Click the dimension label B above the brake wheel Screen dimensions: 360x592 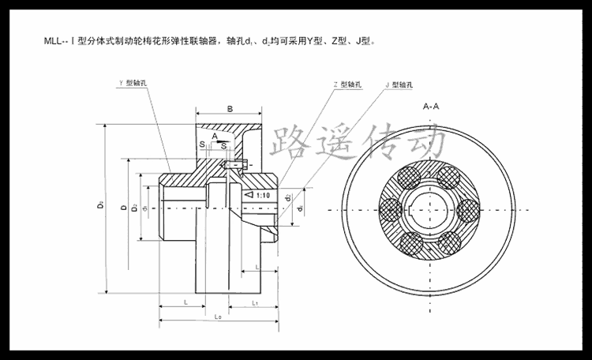[228, 108]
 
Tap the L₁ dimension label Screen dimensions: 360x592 [256, 302]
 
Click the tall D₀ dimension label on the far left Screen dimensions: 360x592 [101, 207]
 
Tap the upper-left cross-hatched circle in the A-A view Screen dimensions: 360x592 [410, 175]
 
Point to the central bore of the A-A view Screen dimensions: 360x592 [431, 209]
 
